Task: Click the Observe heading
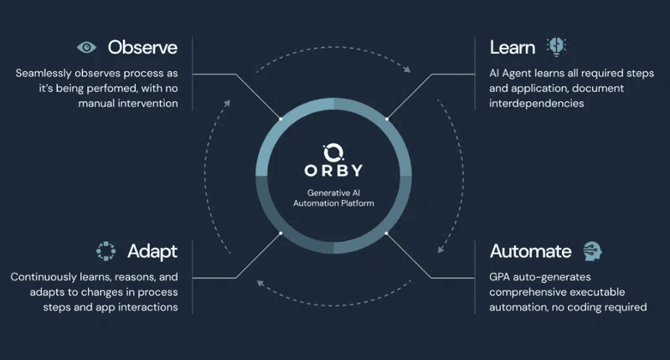click(x=142, y=47)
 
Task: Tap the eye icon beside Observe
click(x=86, y=47)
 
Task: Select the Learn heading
click(x=513, y=47)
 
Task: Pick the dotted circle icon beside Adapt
click(x=106, y=251)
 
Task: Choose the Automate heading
click(x=530, y=251)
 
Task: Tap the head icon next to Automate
click(x=592, y=251)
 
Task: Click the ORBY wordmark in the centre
click(x=333, y=171)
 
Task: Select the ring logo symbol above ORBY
click(x=333, y=151)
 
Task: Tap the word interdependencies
click(x=536, y=104)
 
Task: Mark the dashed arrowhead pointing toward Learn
click(x=408, y=70)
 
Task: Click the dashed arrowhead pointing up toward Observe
click(x=229, y=104)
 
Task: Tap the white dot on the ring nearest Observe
click(x=280, y=120)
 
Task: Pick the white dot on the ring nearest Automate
click(x=387, y=233)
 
